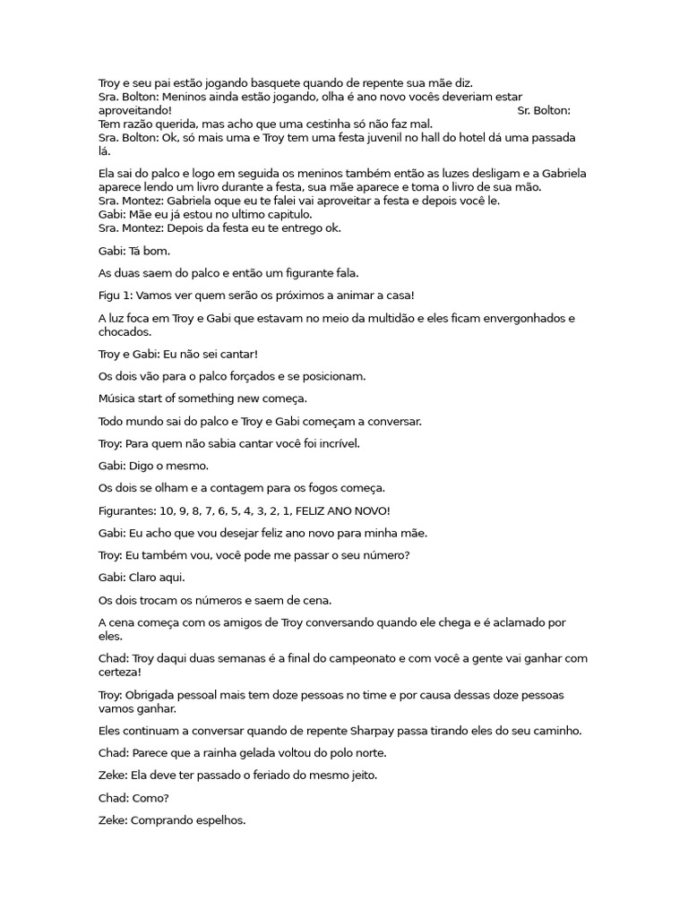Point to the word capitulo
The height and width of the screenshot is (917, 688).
[x=281, y=214]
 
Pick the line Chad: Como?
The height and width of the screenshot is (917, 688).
[x=133, y=797]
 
